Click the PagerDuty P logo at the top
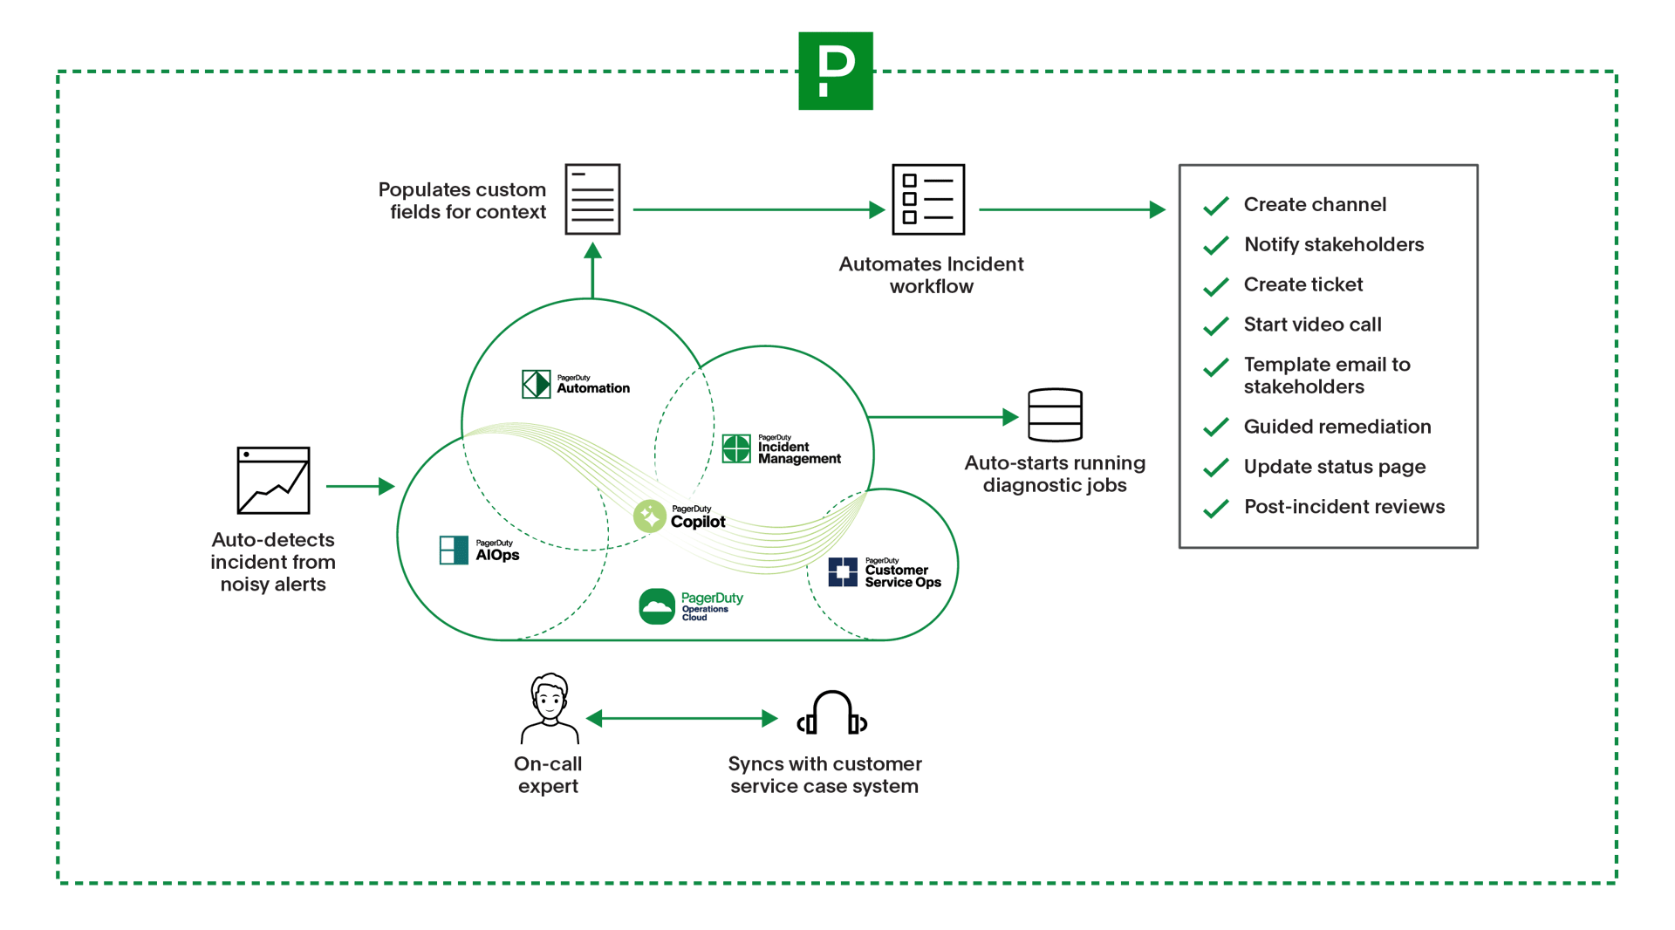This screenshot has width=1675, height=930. click(x=835, y=71)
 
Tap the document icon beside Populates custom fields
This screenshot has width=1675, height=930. click(x=592, y=199)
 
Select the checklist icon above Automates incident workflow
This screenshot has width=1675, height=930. click(x=927, y=199)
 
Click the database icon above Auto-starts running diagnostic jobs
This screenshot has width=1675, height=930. click(x=1055, y=415)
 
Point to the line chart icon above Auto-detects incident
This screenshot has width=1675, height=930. click(x=273, y=480)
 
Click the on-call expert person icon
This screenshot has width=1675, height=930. click(x=549, y=708)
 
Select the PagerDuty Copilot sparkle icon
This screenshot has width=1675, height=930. click(x=649, y=516)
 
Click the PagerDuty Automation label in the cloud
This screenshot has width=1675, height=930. click(x=592, y=385)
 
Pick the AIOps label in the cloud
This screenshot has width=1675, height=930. click(x=496, y=550)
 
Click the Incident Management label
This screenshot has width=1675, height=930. click(x=797, y=449)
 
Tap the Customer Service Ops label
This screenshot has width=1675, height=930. click(x=901, y=573)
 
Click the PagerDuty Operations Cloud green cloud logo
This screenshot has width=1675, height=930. click(x=657, y=606)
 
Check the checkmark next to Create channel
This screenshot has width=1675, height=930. click(x=1215, y=206)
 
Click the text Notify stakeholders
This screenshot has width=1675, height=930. click(x=1334, y=244)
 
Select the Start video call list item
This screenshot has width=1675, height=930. click(x=1312, y=325)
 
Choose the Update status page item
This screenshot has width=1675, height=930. click(x=1334, y=467)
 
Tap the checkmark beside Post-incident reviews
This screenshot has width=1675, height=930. click(x=1215, y=509)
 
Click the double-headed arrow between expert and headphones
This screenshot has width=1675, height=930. click(x=681, y=718)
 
